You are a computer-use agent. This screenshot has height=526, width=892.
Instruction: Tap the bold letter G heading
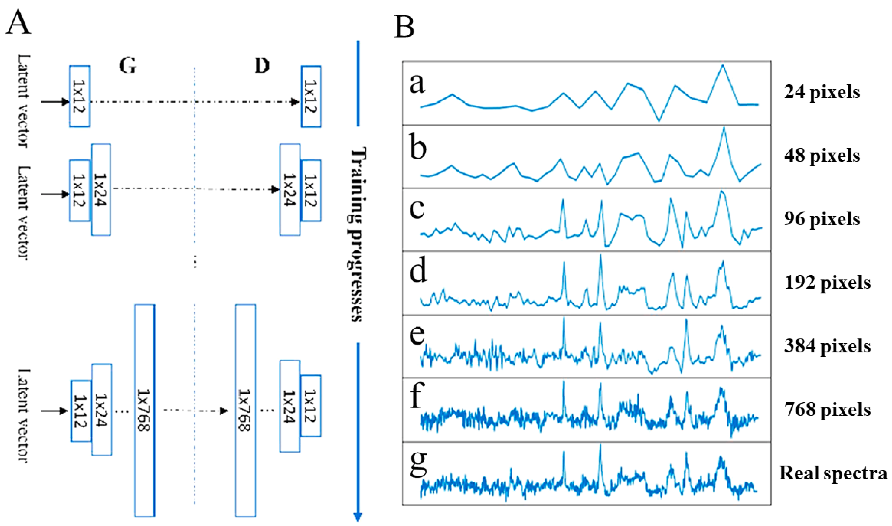(x=128, y=66)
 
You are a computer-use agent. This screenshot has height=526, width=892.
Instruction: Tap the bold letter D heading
(x=262, y=66)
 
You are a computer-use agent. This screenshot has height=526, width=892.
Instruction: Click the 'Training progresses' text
(x=358, y=234)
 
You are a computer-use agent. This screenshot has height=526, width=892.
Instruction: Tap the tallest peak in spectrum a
(x=722, y=66)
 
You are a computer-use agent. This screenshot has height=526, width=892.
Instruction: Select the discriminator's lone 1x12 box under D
(x=311, y=96)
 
